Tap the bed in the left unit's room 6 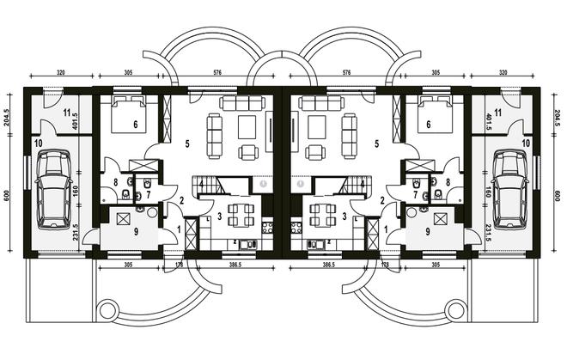129,114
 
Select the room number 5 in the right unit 377,144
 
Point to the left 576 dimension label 217,72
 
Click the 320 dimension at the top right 503,72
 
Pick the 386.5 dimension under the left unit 235,265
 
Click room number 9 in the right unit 428,232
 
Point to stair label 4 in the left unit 201,184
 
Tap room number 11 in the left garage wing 66,113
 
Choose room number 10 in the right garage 526,143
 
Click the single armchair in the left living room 249,152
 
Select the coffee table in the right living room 316,127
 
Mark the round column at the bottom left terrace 107,309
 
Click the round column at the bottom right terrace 454,309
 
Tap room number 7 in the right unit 416,195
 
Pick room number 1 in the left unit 179,229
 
